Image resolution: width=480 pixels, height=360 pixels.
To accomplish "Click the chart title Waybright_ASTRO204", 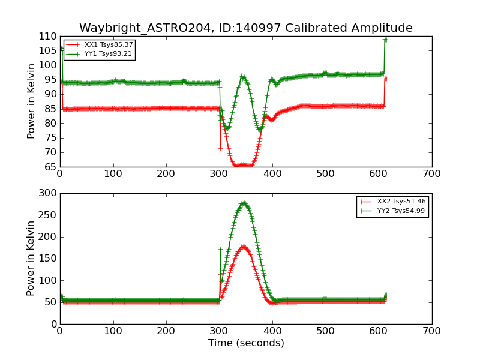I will click(x=246, y=28).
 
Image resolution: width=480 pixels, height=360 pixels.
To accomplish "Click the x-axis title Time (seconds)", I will click(x=246, y=343).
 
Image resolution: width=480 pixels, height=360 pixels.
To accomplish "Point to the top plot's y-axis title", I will click(x=32, y=101).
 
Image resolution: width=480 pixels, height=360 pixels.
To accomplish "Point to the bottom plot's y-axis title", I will click(x=32, y=259).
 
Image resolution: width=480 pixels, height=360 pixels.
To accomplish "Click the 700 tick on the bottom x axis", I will click(x=432, y=331).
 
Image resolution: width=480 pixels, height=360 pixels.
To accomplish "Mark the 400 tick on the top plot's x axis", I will click(x=272, y=174).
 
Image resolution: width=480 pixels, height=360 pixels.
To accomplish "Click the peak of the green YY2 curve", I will click(x=244, y=203).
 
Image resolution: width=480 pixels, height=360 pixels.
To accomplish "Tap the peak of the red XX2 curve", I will click(x=244, y=246).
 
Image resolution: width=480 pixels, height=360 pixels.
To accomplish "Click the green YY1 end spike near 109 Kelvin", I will click(x=386, y=40).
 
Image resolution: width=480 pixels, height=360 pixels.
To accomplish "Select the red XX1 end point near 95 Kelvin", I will click(x=386, y=79).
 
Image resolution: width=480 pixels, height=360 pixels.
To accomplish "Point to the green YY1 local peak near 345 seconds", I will click(x=242, y=76).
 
